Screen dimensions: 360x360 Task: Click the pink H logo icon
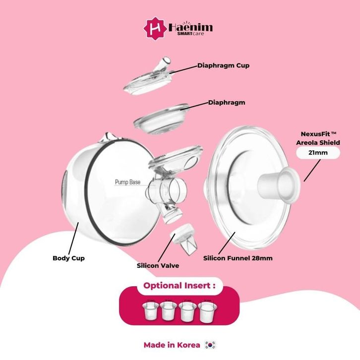(x=153, y=28)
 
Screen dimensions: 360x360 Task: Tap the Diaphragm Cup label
(x=223, y=65)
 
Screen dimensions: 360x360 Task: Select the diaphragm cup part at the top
(x=146, y=79)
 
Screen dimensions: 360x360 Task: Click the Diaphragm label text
(x=227, y=103)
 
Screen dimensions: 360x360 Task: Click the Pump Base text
(x=127, y=182)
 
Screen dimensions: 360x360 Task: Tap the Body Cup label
(x=68, y=258)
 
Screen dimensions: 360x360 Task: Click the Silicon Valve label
(x=158, y=266)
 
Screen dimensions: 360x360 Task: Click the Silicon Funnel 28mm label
(x=238, y=258)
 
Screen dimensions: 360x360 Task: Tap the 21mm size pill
(x=318, y=153)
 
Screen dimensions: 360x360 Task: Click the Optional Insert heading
(x=179, y=286)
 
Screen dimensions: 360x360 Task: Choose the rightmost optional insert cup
(x=205, y=311)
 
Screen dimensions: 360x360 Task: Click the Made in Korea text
(x=172, y=345)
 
